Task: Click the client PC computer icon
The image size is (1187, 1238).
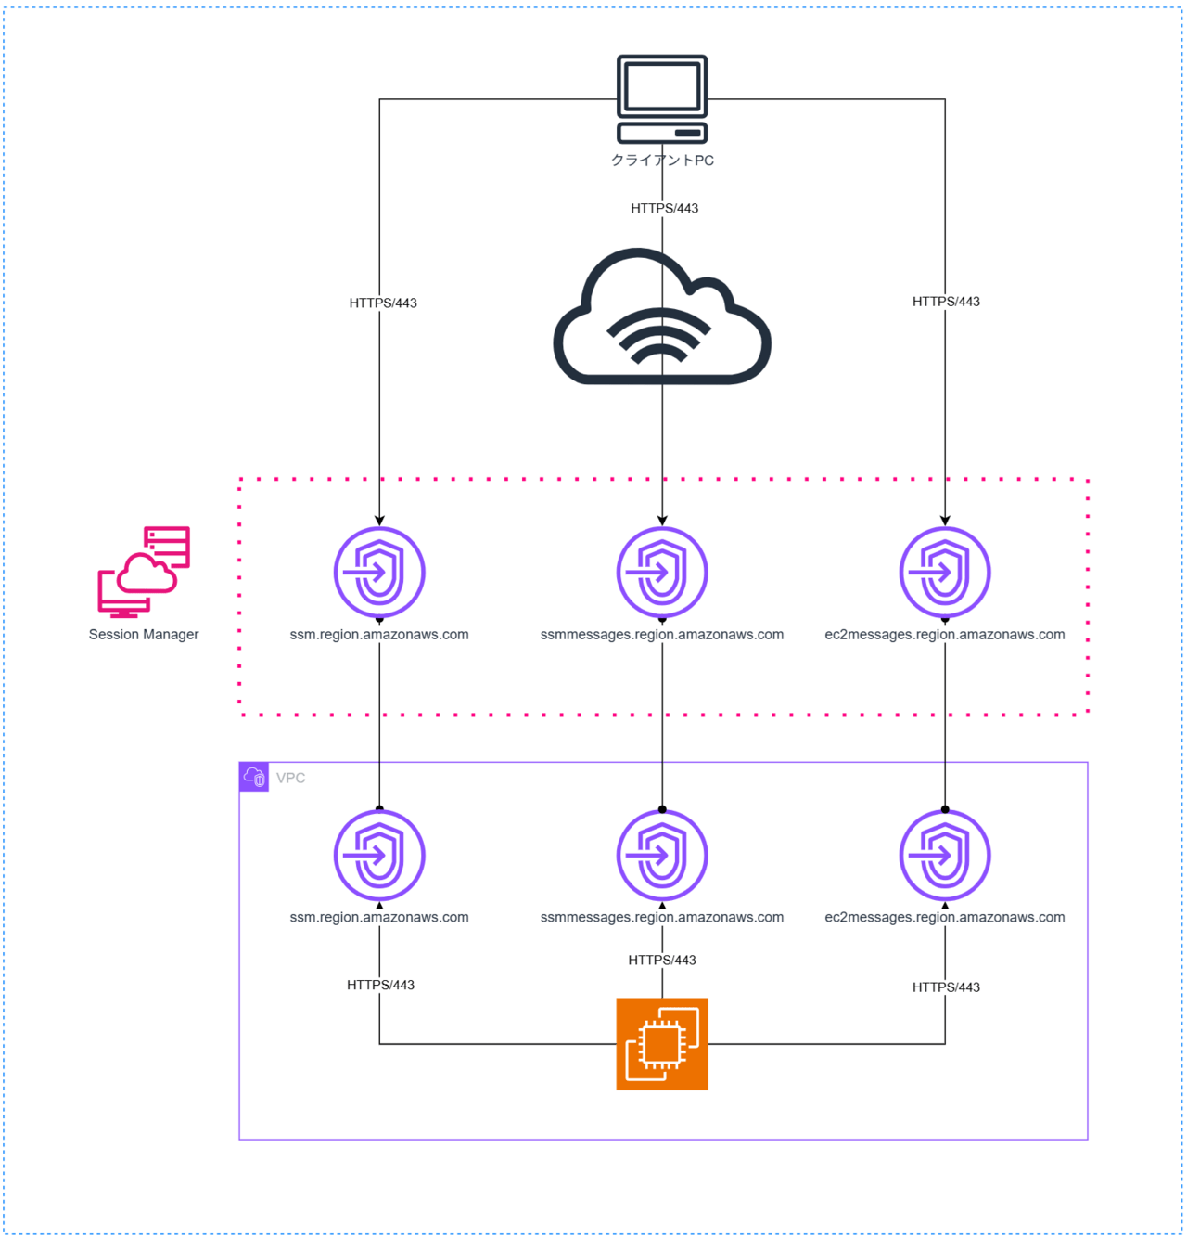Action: pos(662,98)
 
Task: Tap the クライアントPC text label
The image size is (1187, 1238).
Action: pos(662,161)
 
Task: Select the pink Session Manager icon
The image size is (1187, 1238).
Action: pos(144,572)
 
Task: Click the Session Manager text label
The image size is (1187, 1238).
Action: pos(144,635)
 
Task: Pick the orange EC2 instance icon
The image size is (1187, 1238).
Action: pos(662,1044)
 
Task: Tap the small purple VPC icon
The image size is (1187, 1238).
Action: pos(254,777)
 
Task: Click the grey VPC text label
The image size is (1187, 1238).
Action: pos(290,778)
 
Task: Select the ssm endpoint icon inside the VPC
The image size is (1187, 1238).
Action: pos(379,856)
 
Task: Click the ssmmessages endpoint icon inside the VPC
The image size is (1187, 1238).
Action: pos(662,856)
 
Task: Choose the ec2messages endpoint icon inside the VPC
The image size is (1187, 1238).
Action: pos(945,856)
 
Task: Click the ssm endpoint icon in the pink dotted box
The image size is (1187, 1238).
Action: pos(379,573)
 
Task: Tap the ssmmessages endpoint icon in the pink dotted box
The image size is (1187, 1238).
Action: pos(662,573)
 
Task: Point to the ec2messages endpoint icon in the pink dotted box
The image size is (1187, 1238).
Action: pos(945,573)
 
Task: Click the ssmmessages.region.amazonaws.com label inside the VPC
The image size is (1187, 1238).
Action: pos(662,918)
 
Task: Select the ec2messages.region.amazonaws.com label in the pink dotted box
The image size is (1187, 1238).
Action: pos(945,635)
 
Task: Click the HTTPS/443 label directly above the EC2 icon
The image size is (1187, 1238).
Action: pos(662,961)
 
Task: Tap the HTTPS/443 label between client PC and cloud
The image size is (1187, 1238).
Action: pos(664,208)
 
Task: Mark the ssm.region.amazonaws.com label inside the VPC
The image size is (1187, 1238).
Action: pos(379,918)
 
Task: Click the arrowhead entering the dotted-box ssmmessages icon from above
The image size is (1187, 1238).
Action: pos(662,521)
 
